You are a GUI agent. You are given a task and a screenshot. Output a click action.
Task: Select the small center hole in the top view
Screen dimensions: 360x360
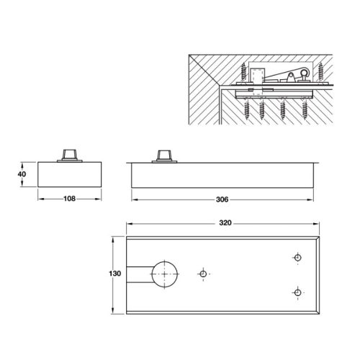tap(204, 274)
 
